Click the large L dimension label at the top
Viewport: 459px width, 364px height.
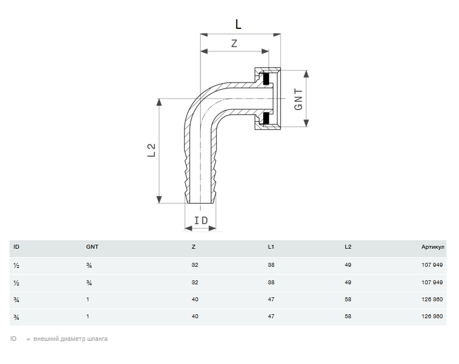coord(238,24)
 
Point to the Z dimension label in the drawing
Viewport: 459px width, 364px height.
coord(234,44)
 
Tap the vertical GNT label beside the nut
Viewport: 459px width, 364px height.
coord(298,99)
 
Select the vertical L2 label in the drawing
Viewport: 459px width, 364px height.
coord(151,150)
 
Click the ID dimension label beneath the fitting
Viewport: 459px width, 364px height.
coord(201,220)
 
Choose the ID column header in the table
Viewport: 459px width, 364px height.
coord(16,247)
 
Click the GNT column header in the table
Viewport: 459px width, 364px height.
coord(92,247)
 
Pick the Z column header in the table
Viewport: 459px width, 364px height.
coord(194,247)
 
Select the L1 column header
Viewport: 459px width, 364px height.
coord(271,247)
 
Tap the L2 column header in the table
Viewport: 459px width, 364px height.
coord(348,247)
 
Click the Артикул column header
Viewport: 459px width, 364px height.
coord(433,247)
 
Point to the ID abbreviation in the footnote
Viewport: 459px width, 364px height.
coord(14,339)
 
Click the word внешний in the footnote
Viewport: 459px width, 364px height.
coord(46,339)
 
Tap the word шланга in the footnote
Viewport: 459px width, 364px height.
coord(97,339)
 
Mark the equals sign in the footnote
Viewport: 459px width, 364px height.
coord(28,339)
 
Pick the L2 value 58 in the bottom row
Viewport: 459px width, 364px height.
coord(348,317)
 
